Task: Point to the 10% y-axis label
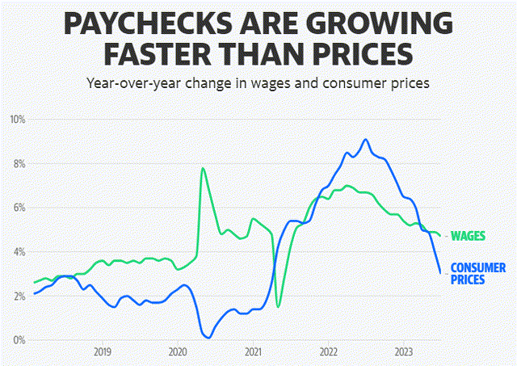point(17,120)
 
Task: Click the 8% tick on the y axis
point(19,164)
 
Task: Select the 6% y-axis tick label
point(19,208)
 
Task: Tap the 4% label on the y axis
point(19,252)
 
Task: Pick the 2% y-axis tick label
point(19,297)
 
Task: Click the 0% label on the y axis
point(19,340)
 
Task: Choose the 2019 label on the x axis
point(102,352)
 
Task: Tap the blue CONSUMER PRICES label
point(477,273)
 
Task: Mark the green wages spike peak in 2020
point(202,168)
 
